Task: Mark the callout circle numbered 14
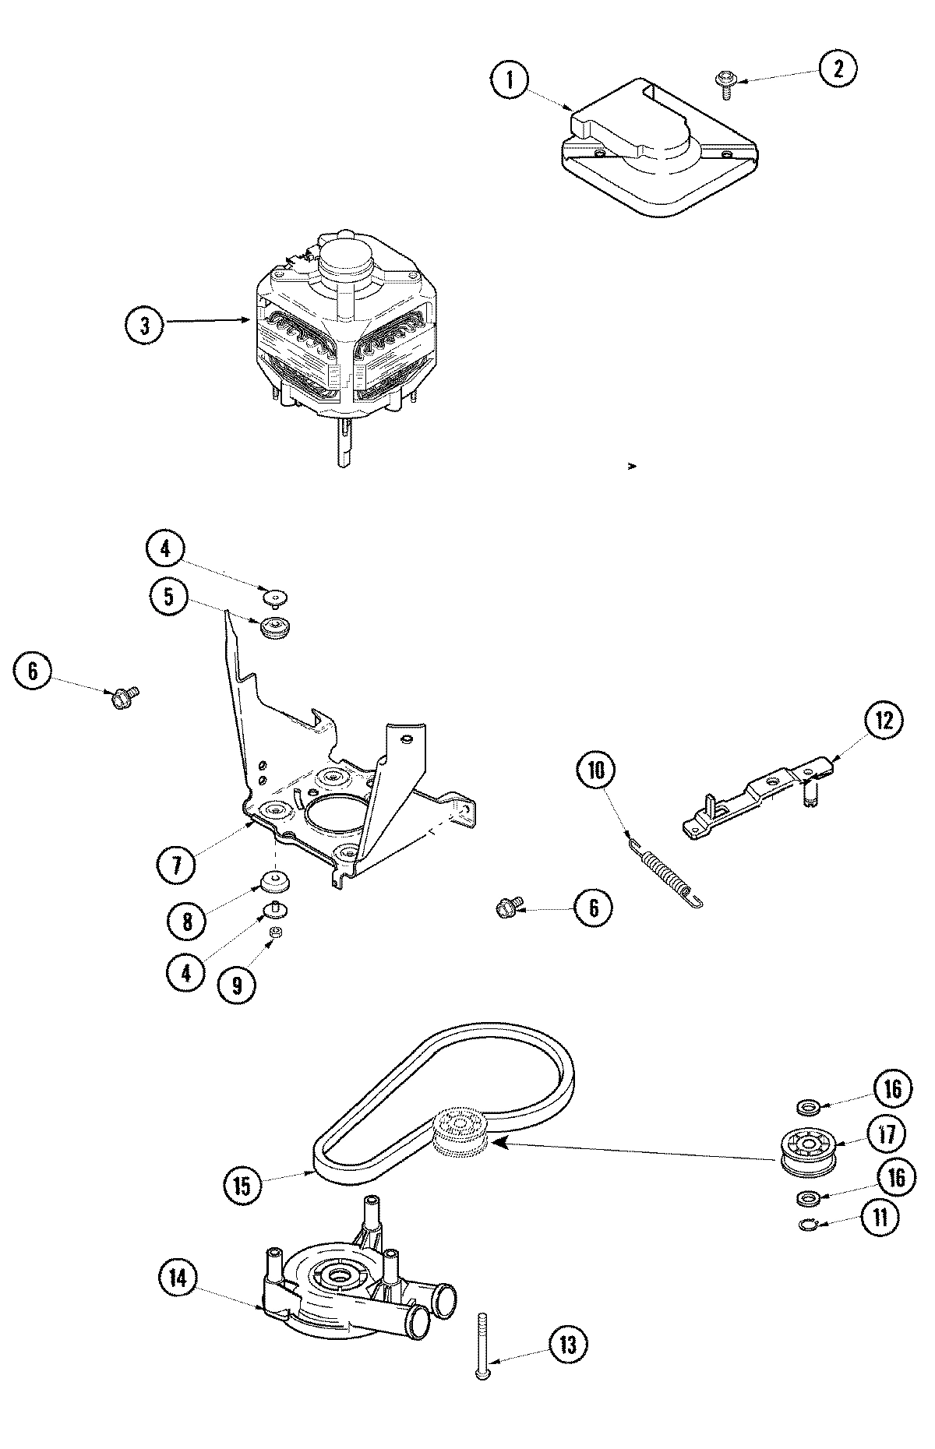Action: (x=178, y=1278)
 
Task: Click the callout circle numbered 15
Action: (x=242, y=1186)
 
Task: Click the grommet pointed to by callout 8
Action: (x=274, y=883)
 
